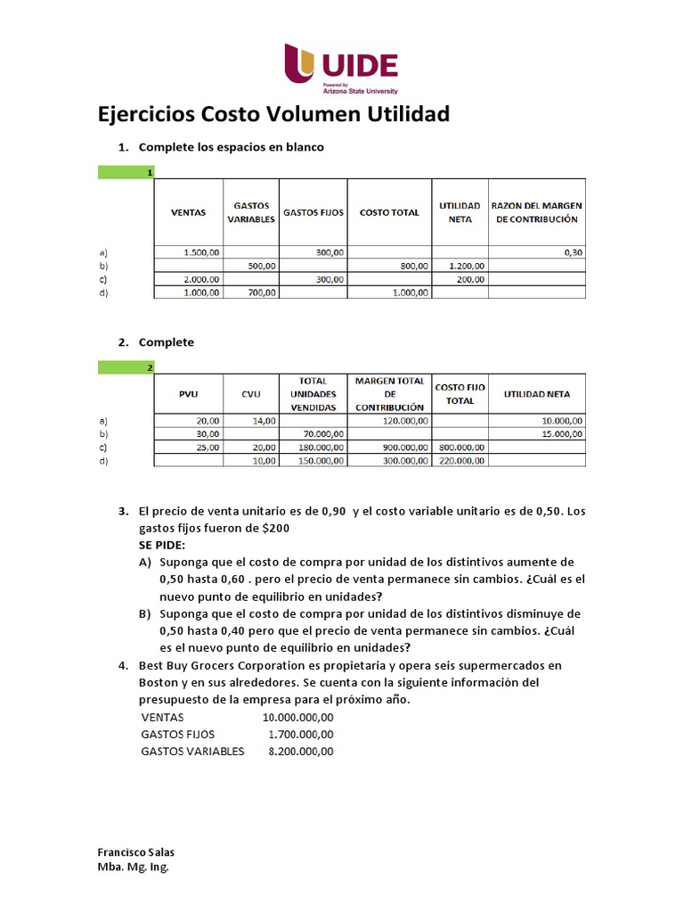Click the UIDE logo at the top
[341, 69]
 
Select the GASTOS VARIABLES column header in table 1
[251, 212]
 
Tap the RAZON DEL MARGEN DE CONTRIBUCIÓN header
[536, 212]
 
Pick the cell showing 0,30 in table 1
[573, 252]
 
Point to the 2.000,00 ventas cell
[200, 279]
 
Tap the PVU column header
[188, 393]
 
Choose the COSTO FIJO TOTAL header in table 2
[460, 393]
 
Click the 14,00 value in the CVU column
[264, 420]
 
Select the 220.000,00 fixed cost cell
[461, 460]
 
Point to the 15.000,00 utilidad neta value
[560, 433]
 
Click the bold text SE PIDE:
[161, 544]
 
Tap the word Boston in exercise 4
[159, 682]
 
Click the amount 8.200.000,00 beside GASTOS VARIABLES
[301, 751]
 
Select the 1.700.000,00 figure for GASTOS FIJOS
[301, 734]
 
